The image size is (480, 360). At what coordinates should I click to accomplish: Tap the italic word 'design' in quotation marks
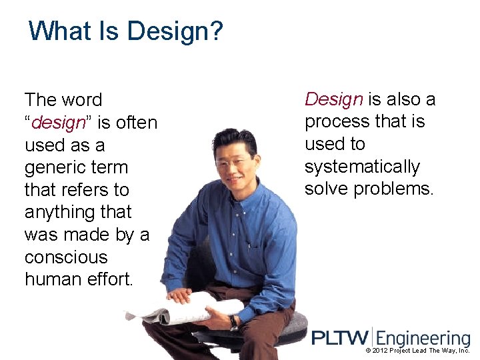59,123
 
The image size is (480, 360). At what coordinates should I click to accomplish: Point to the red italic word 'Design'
333,99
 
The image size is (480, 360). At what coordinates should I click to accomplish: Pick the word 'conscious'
65,257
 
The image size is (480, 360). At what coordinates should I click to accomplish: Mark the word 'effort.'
110,279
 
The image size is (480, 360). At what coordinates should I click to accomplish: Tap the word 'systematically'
362,167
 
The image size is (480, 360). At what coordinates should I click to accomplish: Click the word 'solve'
327,189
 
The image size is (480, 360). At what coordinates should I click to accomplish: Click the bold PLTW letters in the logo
341,337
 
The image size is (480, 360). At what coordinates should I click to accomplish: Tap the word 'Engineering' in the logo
423,339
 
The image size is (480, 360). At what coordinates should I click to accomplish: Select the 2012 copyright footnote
417,350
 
